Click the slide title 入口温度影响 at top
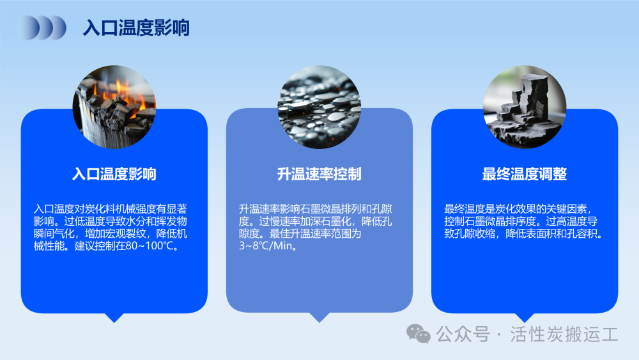coord(136,27)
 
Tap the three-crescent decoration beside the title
coord(42,27)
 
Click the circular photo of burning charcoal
coord(114,107)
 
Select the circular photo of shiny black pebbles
coord(319,107)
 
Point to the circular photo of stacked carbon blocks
coord(525,107)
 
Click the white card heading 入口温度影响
coord(114,174)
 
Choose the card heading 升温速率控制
coord(319,174)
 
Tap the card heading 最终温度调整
coord(525,174)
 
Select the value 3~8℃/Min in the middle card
coord(266,246)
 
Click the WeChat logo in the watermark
coord(418,334)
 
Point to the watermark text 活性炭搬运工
coord(564,334)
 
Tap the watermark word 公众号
coord(463,334)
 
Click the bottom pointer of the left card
coord(114,318)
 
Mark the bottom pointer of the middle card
coord(319,318)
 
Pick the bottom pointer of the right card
coord(525,318)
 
